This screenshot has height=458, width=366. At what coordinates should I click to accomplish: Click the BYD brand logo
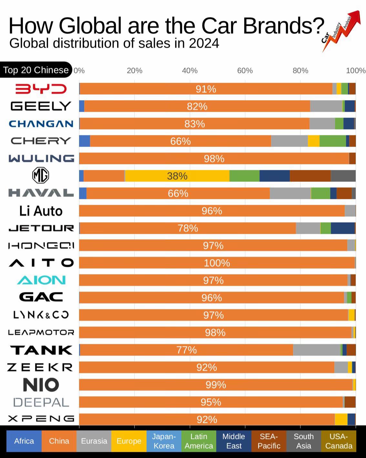[41, 89]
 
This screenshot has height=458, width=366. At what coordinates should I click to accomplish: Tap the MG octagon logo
[41, 176]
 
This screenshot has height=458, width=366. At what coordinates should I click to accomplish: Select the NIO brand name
[41, 385]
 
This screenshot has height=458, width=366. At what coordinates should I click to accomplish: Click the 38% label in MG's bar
[177, 176]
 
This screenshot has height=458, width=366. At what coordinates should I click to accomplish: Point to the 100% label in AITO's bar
[217, 263]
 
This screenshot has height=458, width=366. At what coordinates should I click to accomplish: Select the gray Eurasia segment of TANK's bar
[317, 350]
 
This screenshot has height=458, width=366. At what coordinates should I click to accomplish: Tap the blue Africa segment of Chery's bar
[85, 141]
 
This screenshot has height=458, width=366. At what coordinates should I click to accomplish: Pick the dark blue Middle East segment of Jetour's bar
[342, 228]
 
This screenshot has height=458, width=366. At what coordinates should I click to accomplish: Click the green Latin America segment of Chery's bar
[332, 141]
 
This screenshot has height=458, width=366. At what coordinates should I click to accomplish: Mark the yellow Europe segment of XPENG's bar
[341, 419]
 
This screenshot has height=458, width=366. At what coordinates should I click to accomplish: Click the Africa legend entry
[24, 441]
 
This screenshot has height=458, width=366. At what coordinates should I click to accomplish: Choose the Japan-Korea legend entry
[164, 441]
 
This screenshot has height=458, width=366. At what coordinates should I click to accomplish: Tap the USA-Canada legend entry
[338, 441]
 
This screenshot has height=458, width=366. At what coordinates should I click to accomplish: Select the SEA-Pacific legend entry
[269, 441]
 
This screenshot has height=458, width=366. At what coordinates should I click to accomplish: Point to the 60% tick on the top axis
[245, 70]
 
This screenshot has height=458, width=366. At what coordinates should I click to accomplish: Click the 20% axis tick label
[134, 70]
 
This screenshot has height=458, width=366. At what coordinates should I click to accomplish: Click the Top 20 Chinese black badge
[36, 70]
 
